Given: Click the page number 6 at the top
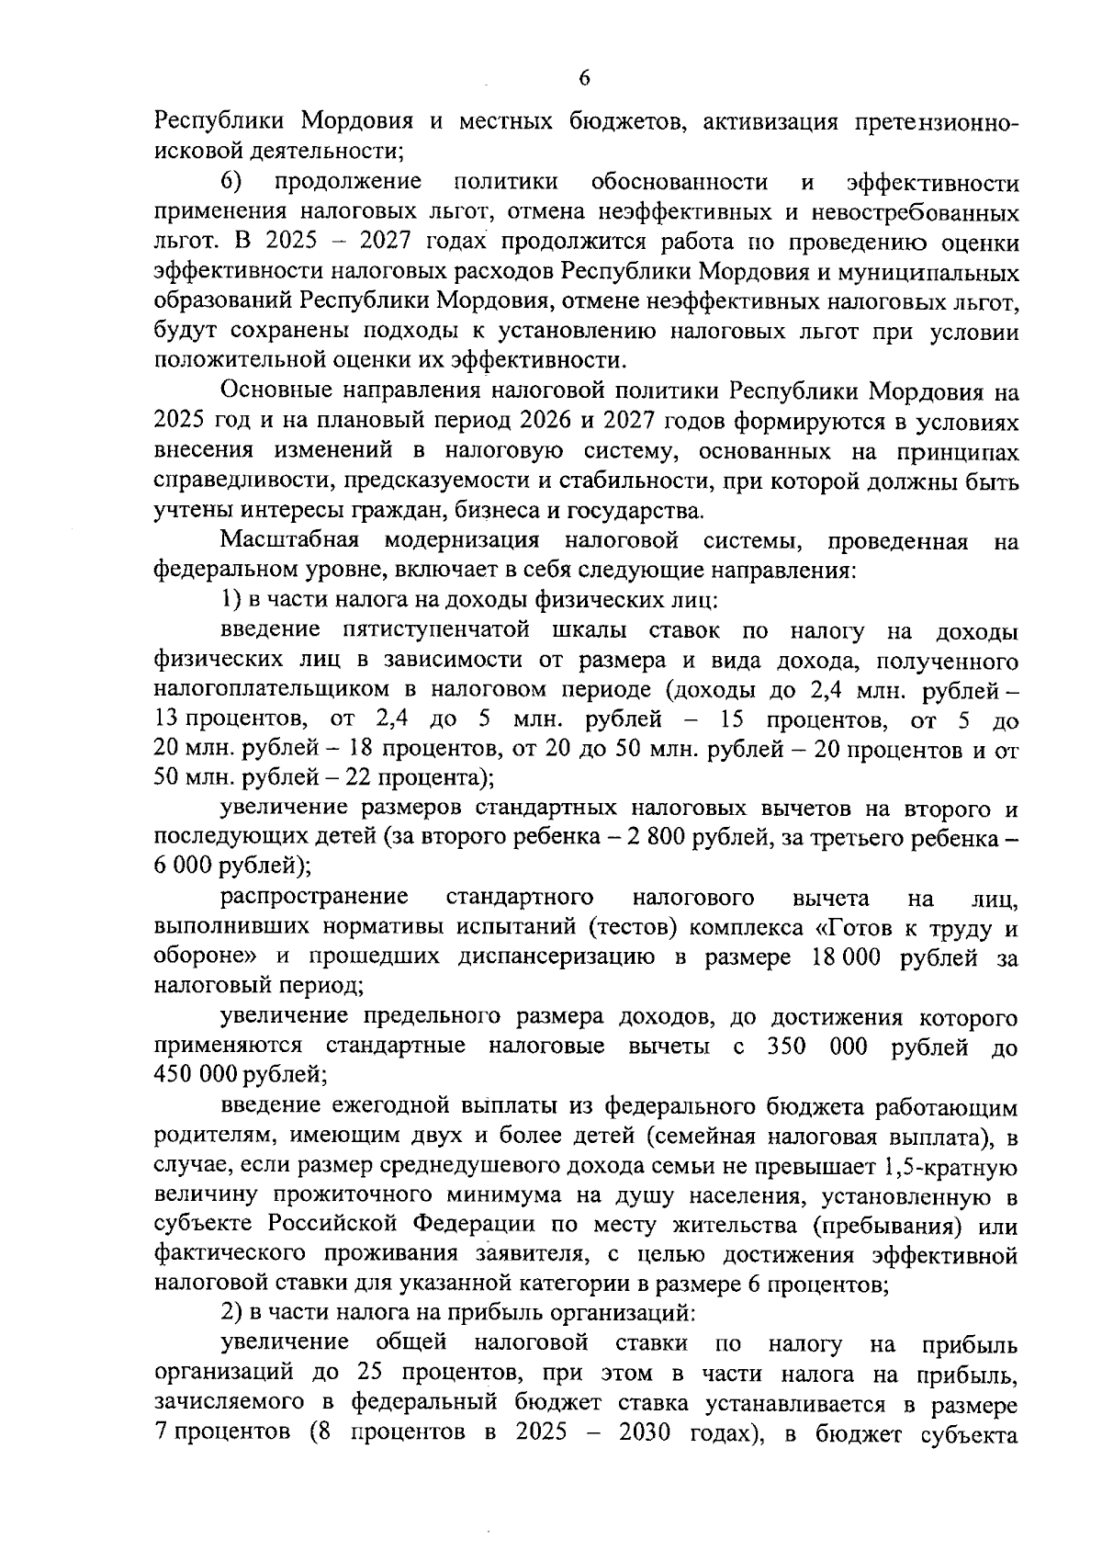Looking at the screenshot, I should point(584,79).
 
